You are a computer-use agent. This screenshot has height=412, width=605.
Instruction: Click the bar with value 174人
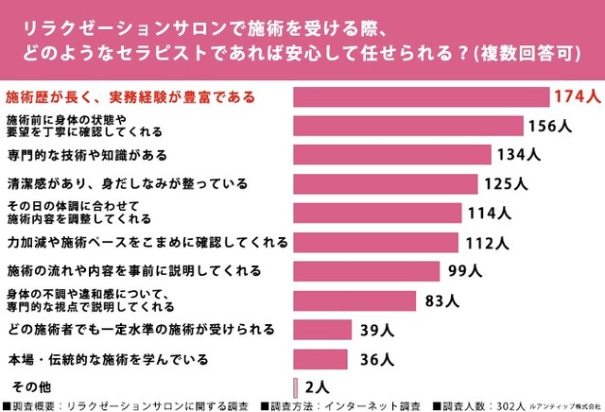point(421,97)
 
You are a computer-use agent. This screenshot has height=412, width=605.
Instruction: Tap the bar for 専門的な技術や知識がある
point(392,155)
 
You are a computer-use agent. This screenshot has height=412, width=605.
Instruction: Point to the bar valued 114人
point(377,213)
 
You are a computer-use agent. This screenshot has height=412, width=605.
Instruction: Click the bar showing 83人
point(354,300)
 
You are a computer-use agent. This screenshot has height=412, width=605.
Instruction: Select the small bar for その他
point(296,386)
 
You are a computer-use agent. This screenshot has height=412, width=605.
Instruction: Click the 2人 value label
point(318,386)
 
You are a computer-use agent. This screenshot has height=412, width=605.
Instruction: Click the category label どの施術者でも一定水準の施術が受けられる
point(140,330)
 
